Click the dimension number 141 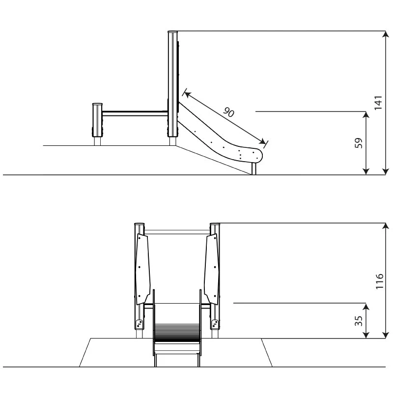coord(378,103)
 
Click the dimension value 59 coord(359,143)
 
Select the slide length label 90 coord(229,112)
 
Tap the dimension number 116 coord(379,281)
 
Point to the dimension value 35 coord(359,321)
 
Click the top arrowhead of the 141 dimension coord(386,34)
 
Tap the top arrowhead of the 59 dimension coord(366,114)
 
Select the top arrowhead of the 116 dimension coord(386,226)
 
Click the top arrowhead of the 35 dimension coord(366,307)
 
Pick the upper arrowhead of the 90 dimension coord(187,94)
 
